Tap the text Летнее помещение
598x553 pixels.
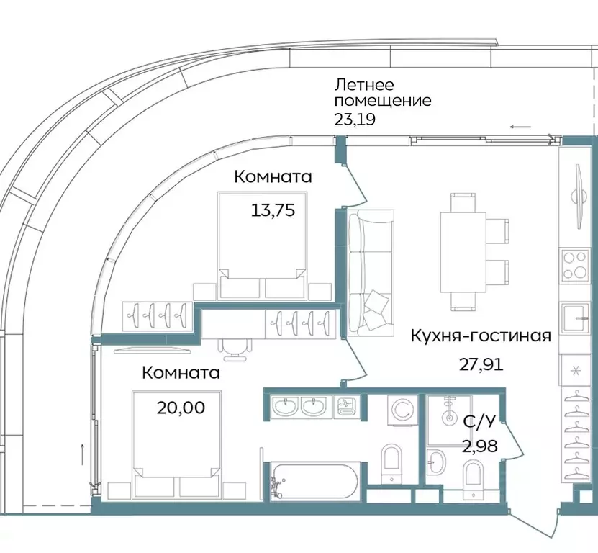(382, 92)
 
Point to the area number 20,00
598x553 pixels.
(181, 408)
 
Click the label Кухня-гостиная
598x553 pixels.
(481, 336)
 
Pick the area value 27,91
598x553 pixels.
(481, 364)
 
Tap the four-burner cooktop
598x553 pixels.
(576, 264)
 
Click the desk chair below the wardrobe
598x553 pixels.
(235, 349)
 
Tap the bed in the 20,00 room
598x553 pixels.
(176, 444)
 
